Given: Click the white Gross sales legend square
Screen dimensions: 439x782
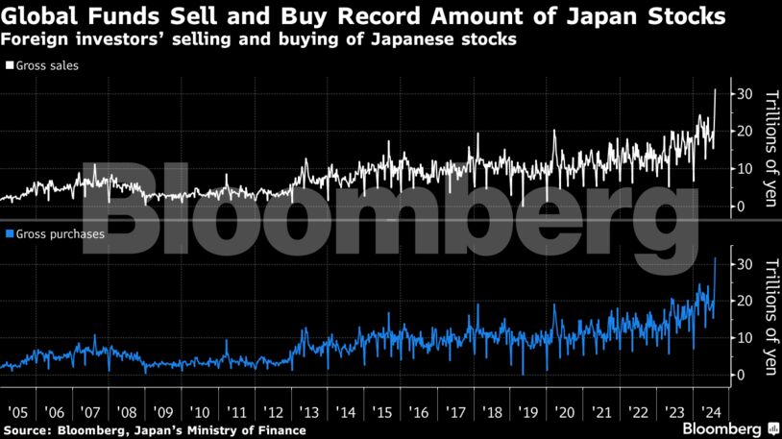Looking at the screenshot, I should tap(9, 66).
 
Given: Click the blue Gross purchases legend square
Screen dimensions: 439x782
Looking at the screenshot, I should tap(9, 234).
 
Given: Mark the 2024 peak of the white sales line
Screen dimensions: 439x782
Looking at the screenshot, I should tap(716, 89).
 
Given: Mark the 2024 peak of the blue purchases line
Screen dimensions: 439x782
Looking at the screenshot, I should tap(716, 258).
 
